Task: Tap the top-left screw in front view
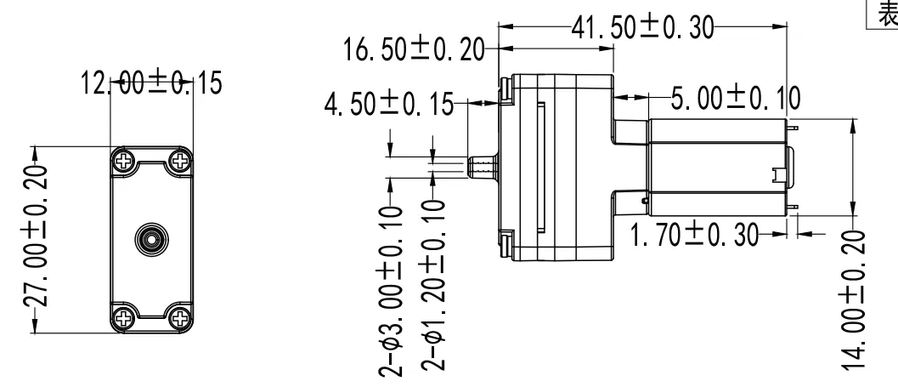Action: click(x=125, y=160)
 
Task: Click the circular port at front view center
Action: click(x=151, y=239)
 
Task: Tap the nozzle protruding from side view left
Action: click(x=482, y=166)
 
